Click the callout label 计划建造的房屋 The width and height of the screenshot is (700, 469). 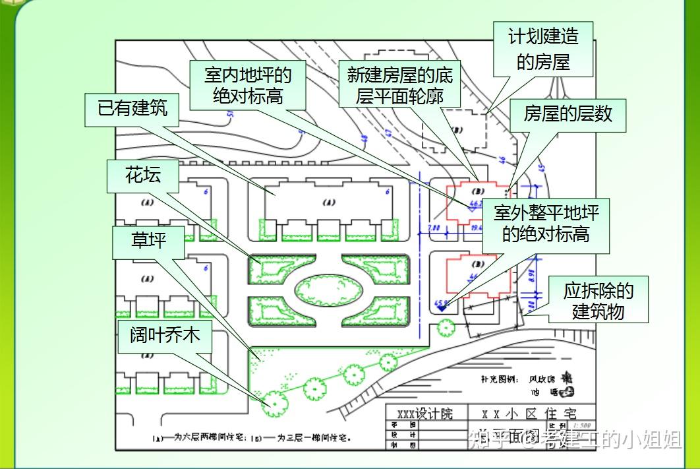[543, 49]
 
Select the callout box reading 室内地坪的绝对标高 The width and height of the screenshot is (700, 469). [248, 84]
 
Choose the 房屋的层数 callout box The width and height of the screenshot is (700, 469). [568, 114]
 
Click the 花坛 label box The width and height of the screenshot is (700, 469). [143, 175]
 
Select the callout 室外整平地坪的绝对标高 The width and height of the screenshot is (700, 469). [546, 224]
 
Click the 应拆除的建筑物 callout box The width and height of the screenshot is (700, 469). [598, 300]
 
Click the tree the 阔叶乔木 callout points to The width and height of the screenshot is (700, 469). [271, 401]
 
